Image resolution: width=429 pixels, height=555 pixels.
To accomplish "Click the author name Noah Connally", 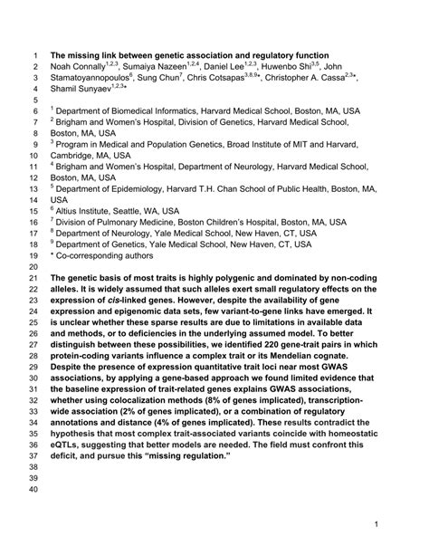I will [x=81, y=67].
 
